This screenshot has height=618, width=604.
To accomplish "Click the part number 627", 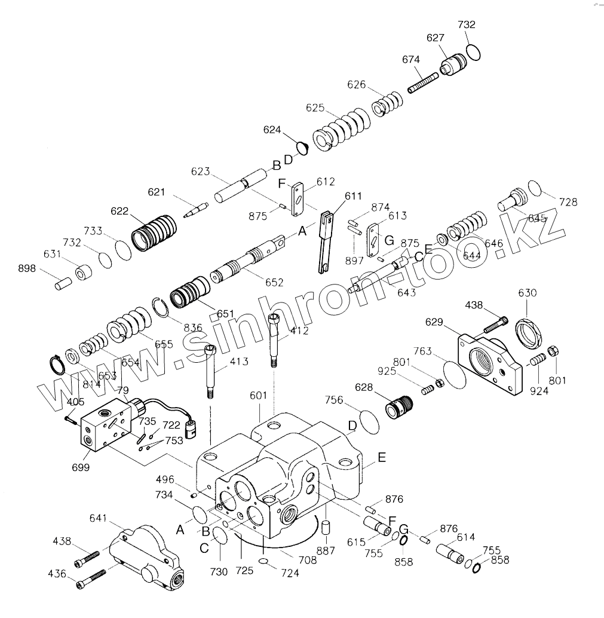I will pyautogui.click(x=435, y=38).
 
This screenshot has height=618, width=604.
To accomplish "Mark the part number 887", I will pyautogui.click(x=326, y=551).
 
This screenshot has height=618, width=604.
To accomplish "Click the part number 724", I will pyautogui.click(x=290, y=573).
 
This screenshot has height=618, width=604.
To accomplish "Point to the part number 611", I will pyautogui.click(x=353, y=196).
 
